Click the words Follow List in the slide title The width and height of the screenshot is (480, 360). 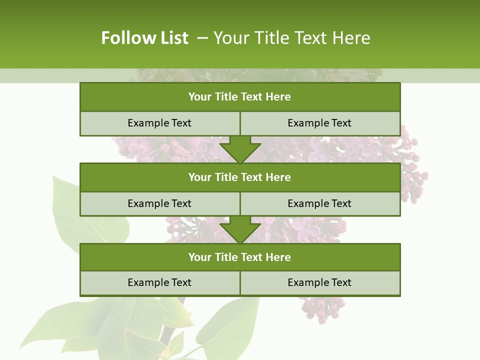[144, 38]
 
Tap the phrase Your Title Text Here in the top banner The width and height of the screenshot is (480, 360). [291, 38]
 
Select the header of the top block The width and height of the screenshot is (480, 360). [240, 97]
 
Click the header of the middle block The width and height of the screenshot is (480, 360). [240, 177]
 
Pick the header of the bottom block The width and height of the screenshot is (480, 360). [240, 257]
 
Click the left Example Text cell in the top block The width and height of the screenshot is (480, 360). [159, 123]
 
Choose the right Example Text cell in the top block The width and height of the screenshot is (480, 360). [319, 123]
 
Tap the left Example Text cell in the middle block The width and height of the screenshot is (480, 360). [159, 203]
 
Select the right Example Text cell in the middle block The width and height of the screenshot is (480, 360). [319, 203]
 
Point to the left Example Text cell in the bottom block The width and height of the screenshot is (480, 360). [159, 282]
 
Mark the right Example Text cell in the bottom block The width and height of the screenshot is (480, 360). [319, 282]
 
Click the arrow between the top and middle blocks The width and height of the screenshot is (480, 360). [240, 149]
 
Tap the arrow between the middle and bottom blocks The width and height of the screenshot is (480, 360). [240, 229]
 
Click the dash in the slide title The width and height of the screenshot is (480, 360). [202, 38]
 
